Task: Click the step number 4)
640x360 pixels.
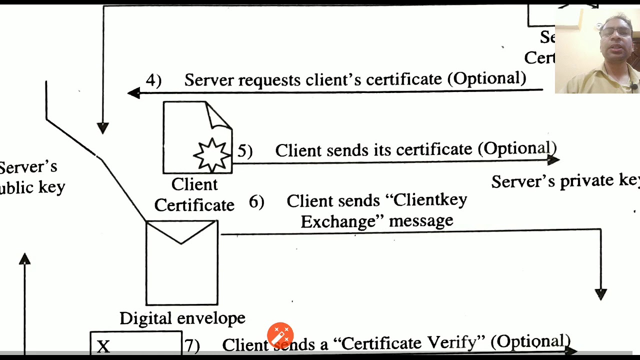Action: pos(153,80)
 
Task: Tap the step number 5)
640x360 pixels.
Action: pos(244,151)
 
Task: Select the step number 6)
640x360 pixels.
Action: pos(256,202)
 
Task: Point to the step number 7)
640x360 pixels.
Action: pos(192,345)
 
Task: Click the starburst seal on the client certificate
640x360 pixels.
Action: pos(212,154)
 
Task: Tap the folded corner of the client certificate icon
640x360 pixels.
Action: pos(218,116)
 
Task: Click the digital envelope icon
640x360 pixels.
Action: pos(182,262)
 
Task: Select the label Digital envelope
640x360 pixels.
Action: pos(182,318)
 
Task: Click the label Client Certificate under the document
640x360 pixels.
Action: pos(194,195)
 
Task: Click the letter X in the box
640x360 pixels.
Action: pos(103,346)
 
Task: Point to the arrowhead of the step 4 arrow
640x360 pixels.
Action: pos(133,93)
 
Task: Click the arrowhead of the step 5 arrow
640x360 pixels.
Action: pos(553,160)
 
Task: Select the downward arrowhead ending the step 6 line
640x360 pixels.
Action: pos(600,294)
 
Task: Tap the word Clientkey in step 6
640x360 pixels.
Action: pos(430,200)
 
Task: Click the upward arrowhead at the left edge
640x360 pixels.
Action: pos(24,259)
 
